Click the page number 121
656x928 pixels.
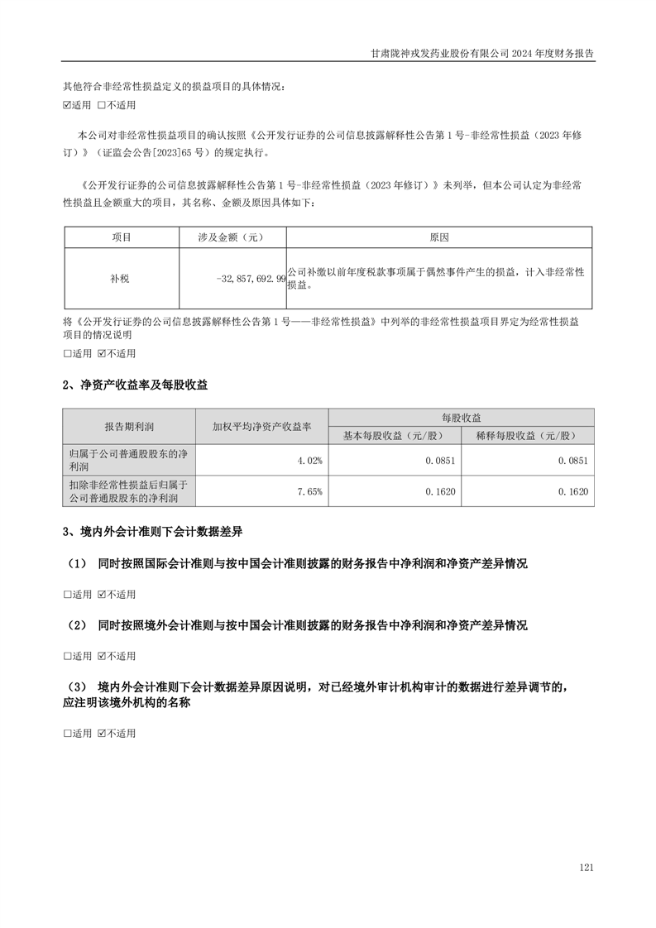point(587,868)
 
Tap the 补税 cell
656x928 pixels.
point(121,279)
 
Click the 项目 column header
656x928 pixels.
point(121,237)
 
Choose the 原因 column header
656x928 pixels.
point(439,237)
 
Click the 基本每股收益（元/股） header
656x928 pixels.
point(395,436)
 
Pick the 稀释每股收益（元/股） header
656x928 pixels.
point(527,436)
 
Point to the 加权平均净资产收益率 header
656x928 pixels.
point(261,427)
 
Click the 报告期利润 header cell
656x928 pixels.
point(129,427)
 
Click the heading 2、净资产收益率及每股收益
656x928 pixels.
point(136,385)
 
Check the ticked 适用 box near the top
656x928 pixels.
point(68,106)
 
